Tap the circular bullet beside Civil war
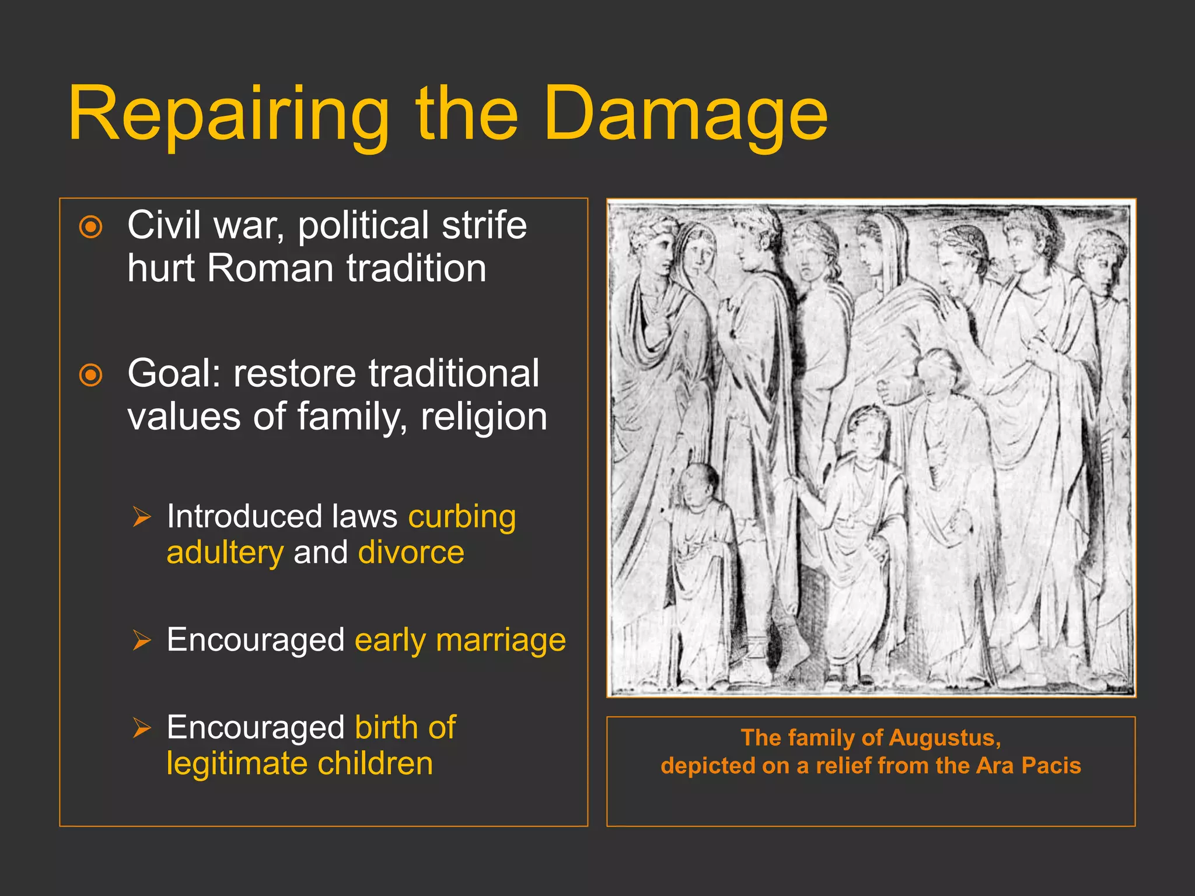(91, 227)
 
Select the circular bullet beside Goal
(91, 375)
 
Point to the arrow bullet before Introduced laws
(141, 517)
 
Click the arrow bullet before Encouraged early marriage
(141, 640)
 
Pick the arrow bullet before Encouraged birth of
(141, 727)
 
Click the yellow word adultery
(225, 553)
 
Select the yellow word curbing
(462, 517)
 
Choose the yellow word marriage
(501, 640)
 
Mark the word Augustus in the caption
(945, 738)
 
